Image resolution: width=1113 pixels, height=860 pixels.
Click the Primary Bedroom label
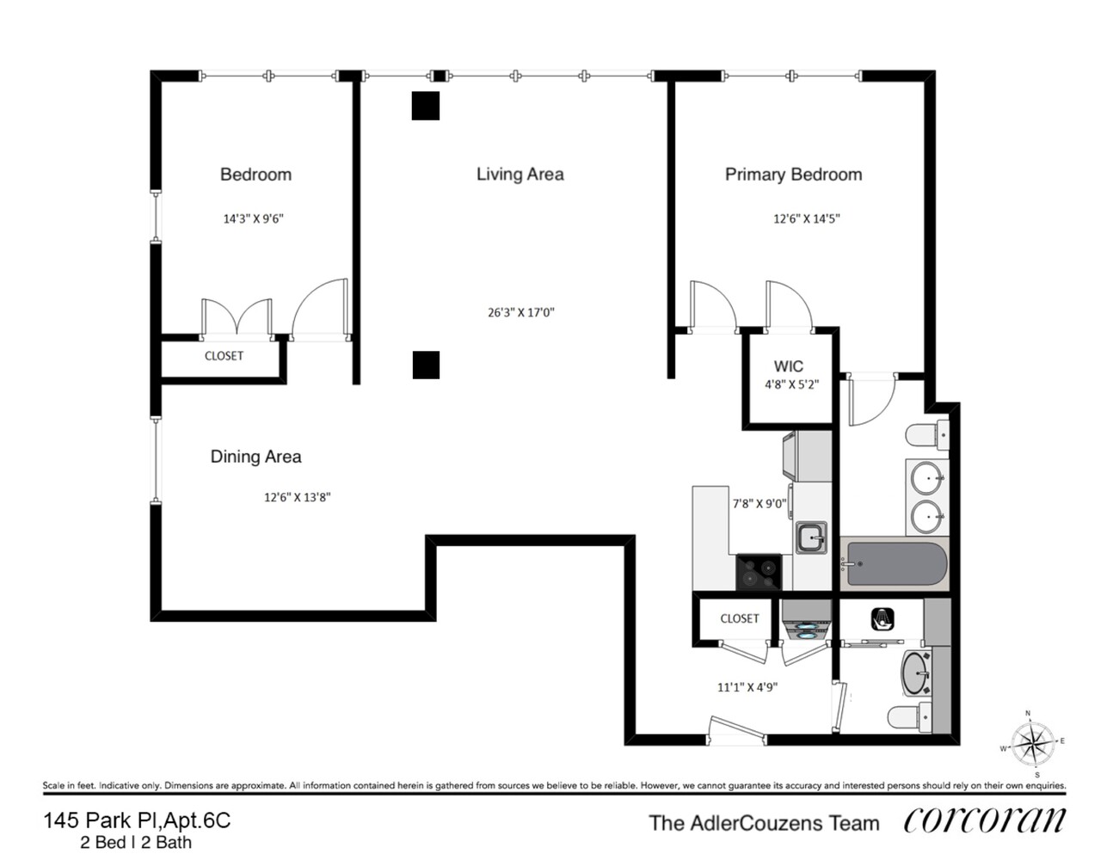pyautogui.click(x=793, y=175)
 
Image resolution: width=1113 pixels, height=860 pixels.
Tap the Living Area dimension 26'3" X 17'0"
pyautogui.click(x=520, y=312)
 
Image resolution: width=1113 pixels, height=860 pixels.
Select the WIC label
pyautogui.click(x=788, y=366)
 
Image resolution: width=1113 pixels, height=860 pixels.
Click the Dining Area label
pyautogui.click(x=255, y=457)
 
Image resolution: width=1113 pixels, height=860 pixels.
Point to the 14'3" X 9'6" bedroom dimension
pyautogui.click(x=253, y=218)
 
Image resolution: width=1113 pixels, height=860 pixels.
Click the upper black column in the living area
pyautogui.click(x=426, y=106)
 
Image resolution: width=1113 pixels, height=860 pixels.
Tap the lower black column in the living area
pyautogui.click(x=426, y=365)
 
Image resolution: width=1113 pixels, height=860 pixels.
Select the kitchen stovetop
pyautogui.click(x=759, y=572)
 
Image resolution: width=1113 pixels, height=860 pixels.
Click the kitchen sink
pyautogui.click(x=810, y=538)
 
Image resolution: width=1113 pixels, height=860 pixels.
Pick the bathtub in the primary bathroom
pyautogui.click(x=895, y=565)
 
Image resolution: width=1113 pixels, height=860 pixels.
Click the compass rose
pyautogui.click(x=1031, y=742)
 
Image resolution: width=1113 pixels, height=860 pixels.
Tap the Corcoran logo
pyautogui.click(x=984, y=821)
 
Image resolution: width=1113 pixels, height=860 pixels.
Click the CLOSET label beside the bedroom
pyautogui.click(x=224, y=356)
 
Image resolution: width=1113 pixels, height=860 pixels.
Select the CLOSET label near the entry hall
pyautogui.click(x=739, y=618)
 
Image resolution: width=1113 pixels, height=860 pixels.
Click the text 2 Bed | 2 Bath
pyautogui.click(x=136, y=843)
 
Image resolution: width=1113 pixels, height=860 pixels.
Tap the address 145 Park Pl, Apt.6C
pyautogui.click(x=137, y=820)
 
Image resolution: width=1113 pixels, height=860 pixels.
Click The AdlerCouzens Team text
pyautogui.click(x=764, y=823)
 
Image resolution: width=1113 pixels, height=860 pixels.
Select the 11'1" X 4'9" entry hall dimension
pyautogui.click(x=747, y=687)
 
